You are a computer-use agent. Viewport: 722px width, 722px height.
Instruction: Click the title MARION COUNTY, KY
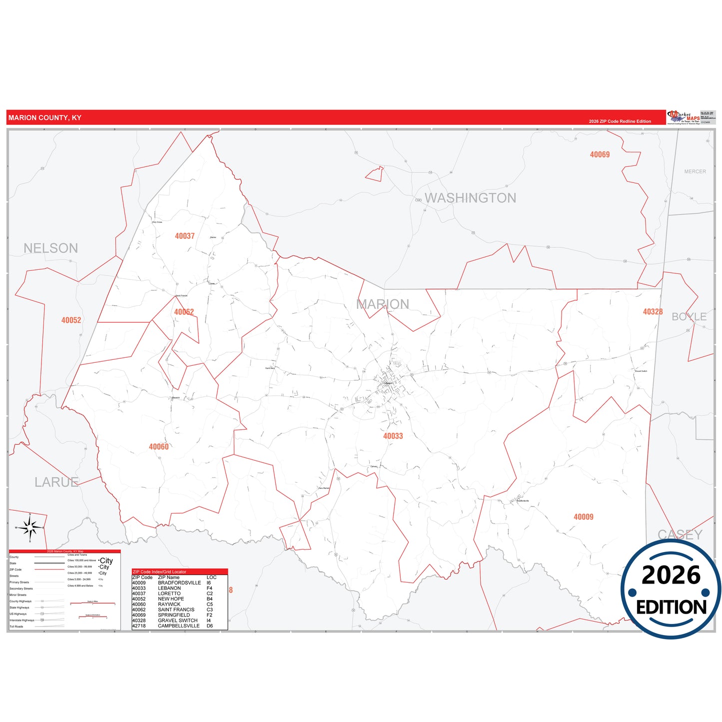tap(44, 118)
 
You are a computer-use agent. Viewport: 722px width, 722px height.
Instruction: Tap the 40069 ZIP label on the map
tap(600, 155)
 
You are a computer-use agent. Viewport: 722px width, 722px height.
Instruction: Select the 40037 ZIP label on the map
tap(184, 236)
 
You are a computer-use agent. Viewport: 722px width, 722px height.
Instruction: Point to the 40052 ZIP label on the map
tap(71, 320)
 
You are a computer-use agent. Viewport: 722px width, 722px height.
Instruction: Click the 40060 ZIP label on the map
tap(158, 447)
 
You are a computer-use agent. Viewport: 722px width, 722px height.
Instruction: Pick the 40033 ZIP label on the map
tap(393, 436)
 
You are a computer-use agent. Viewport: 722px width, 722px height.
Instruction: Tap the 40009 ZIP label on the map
tap(583, 517)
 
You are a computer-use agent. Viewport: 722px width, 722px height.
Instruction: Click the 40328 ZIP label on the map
tap(653, 312)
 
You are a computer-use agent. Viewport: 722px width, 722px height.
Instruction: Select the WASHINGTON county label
tap(470, 198)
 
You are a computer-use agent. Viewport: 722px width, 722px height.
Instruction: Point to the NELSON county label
tap(50, 248)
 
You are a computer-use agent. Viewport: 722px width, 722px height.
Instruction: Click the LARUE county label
tap(56, 482)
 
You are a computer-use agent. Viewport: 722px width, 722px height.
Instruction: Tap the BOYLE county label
tap(689, 317)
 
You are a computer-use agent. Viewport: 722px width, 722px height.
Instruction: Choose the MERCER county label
tap(695, 171)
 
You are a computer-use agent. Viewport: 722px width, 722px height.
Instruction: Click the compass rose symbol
tap(30, 527)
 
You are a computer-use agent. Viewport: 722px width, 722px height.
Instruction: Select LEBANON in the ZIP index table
tap(169, 588)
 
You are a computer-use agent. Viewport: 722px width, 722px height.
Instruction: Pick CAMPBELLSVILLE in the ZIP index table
tap(178, 626)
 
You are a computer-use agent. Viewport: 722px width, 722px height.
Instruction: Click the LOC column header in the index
tap(211, 578)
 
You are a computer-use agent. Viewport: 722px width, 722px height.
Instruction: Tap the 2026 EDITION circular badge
tap(671, 590)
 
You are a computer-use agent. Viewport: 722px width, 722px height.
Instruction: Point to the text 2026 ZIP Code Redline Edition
tap(620, 121)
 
